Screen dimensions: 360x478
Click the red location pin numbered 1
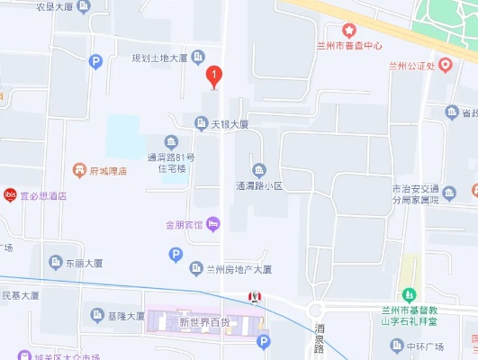213,76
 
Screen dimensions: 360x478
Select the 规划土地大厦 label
159,58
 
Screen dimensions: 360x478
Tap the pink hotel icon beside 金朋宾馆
213,223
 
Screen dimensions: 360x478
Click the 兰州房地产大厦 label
239,269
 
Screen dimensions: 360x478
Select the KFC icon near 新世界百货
256,298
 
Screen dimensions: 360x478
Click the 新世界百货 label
204,321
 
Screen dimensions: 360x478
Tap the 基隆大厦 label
125,316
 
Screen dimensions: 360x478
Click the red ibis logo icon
10,193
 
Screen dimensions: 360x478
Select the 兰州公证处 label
411,65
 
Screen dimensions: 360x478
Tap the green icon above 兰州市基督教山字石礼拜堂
410,293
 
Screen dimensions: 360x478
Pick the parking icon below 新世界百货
263,341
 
